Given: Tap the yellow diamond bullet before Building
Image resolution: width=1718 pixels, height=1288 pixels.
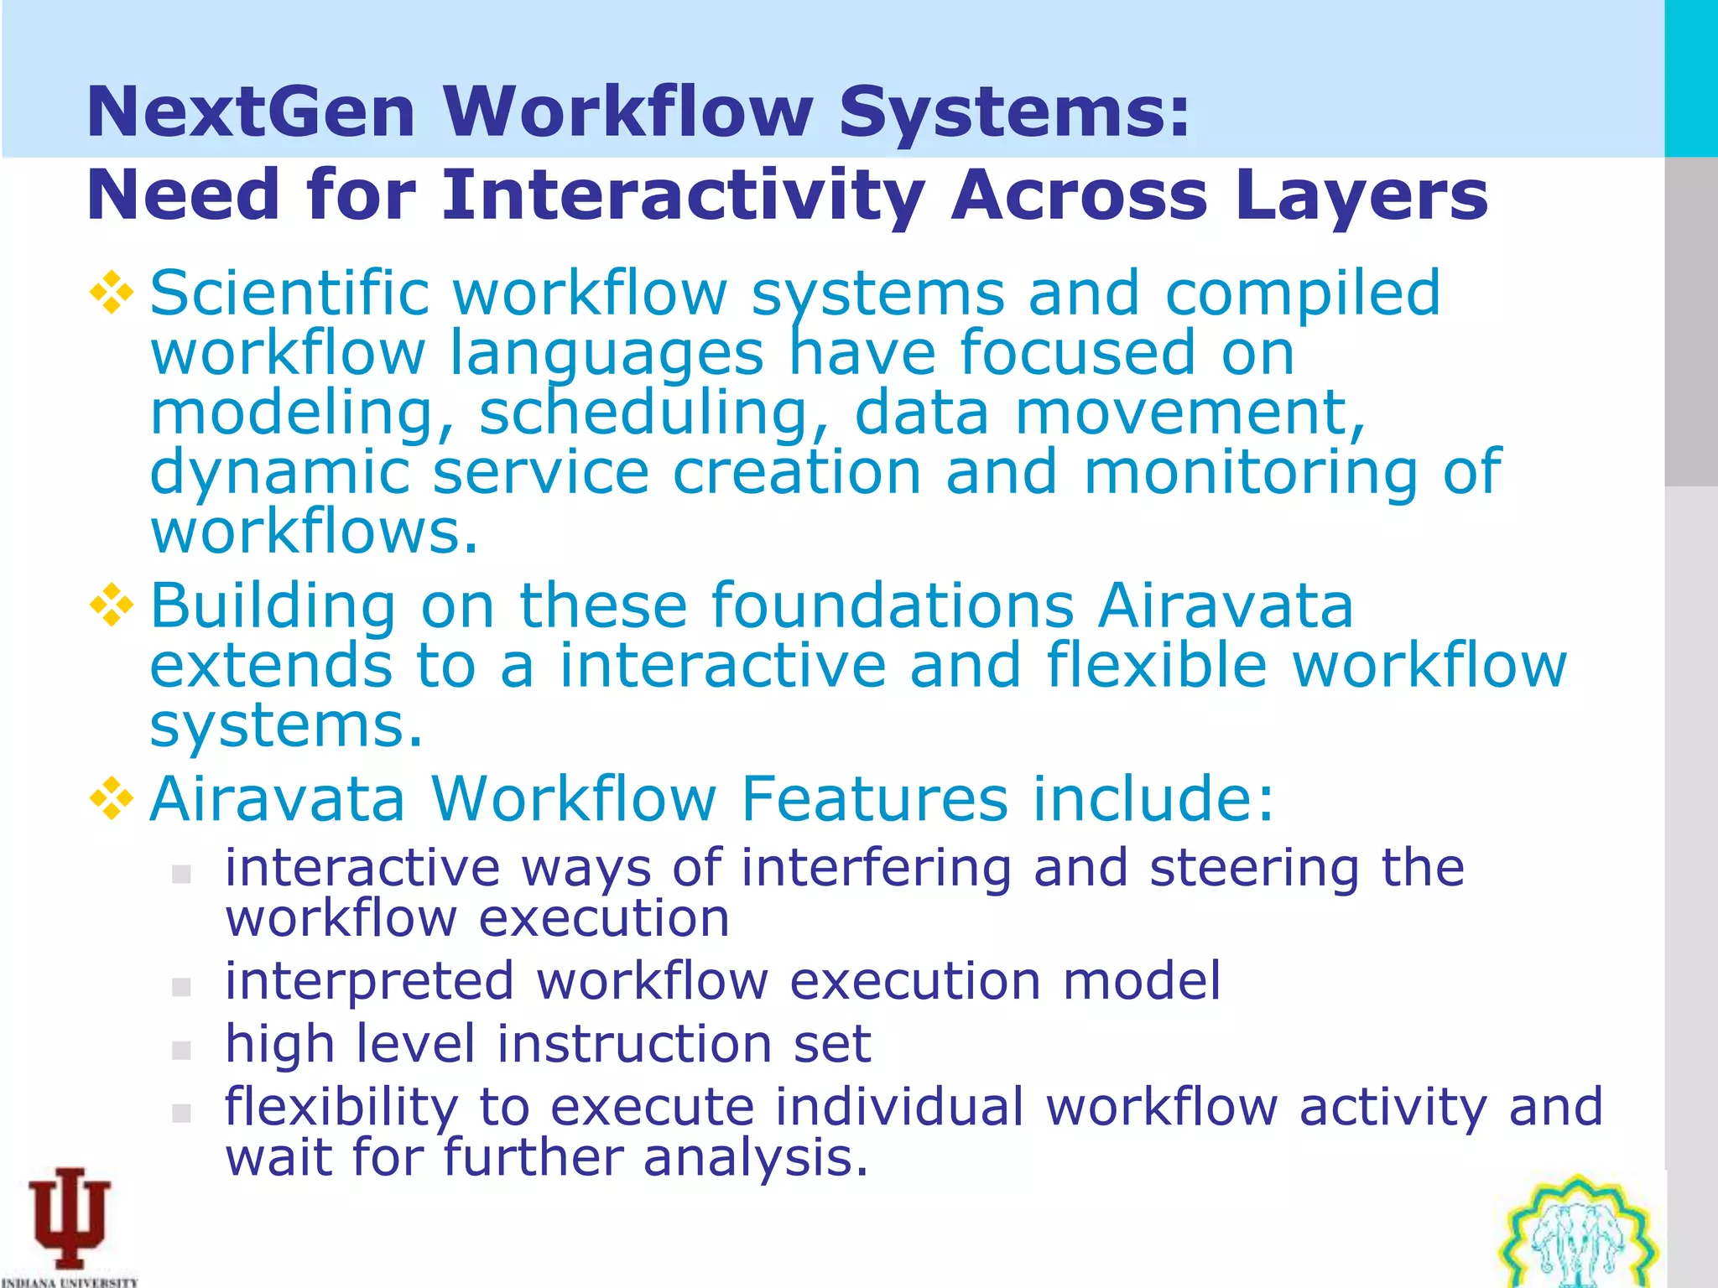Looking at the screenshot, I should (x=112, y=606).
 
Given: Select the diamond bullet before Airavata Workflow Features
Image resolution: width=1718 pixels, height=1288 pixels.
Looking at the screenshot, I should (x=112, y=798).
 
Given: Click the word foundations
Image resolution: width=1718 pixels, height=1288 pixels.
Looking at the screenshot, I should (x=893, y=605).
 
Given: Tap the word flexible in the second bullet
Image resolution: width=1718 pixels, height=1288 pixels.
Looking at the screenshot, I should (x=1157, y=665).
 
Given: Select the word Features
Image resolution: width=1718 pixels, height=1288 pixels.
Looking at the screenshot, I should (x=874, y=798).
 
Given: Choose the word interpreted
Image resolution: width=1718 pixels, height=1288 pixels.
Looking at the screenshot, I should (x=369, y=981).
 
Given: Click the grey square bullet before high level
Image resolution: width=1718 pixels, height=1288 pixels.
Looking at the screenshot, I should (x=181, y=1050).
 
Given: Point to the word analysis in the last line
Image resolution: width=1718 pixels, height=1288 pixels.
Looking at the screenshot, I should (x=755, y=1157).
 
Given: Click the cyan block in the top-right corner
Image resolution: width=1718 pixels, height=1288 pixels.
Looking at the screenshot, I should (x=1690, y=78).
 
